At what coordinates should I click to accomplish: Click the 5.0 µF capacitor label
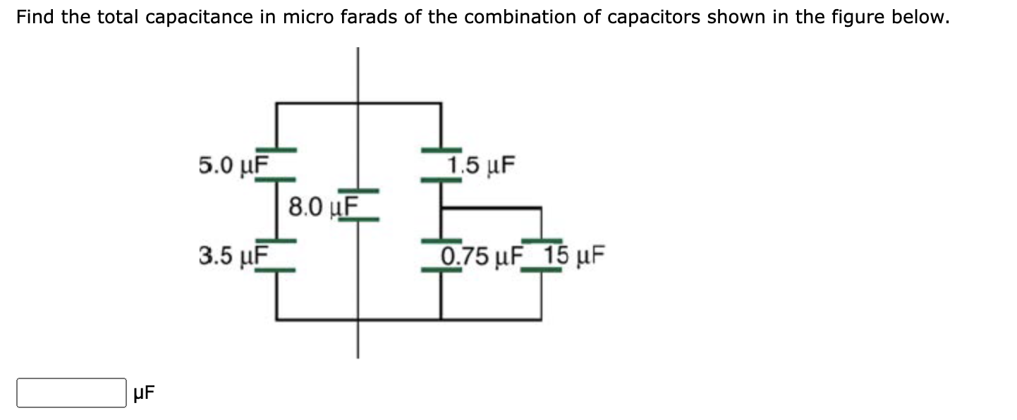coord(233,166)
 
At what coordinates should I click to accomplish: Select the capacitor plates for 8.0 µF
coord(358,204)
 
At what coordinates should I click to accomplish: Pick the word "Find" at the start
coord(35,18)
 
